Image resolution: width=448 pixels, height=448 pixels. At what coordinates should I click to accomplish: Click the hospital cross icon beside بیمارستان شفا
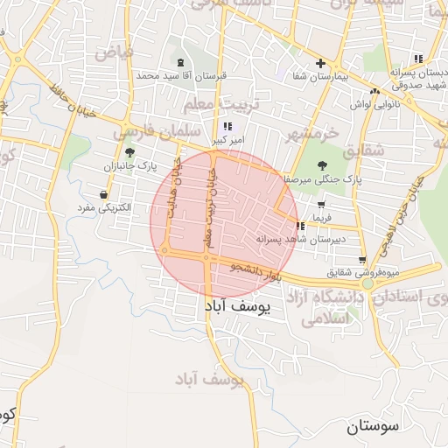(320, 63)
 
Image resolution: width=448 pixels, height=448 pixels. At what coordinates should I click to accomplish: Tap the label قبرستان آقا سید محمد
(181, 76)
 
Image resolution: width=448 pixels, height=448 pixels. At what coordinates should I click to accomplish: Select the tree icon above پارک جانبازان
(129, 152)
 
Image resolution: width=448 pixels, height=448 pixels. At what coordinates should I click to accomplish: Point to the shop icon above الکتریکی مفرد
(104, 194)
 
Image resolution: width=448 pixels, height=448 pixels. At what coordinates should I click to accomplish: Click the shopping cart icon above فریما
(321, 205)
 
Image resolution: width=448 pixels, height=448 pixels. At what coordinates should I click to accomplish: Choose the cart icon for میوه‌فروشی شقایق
(362, 260)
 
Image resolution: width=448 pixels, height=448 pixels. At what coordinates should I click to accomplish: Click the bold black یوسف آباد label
(239, 307)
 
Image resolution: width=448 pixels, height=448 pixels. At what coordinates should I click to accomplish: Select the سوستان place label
(372, 427)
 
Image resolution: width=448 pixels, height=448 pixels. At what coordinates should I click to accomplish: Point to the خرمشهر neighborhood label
(311, 132)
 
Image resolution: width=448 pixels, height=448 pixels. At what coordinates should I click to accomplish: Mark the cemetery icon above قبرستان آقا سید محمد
(181, 62)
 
